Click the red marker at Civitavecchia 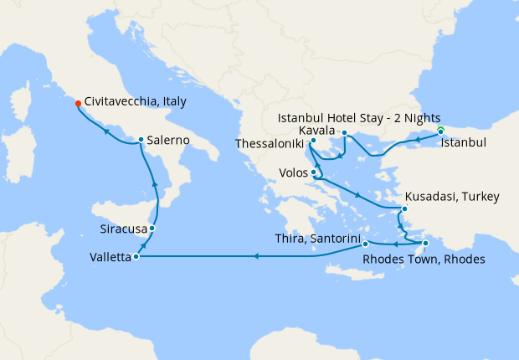(x=78, y=104)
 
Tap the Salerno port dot (x=141, y=140)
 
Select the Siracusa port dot (x=152, y=228)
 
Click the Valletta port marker (x=135, y=257)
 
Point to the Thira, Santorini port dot (x=366, y=244)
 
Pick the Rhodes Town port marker (x=426, y=244)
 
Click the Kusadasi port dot (x=404, y=208)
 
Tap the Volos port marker (x=314, y=173)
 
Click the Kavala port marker (x=344, y=132)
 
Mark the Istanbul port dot (x=440, y=131)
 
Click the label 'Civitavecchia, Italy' (x=136, y=101)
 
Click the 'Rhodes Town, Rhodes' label (x=424, y=259)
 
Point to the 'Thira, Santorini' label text (x=317, y=239)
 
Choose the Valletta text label (x=109, y=259)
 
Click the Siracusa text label (x=122, y=229)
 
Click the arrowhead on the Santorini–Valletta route (x=256, y=256)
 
